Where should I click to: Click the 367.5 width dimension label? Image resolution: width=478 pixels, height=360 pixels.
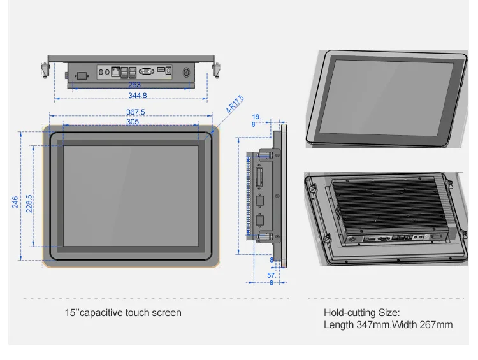click(x=136, y=112)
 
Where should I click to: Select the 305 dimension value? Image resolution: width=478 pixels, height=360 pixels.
click(x=133, y=122)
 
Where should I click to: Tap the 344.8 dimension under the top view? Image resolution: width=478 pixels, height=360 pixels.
click(x=138, y=96)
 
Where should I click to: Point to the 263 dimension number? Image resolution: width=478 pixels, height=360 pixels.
click(x=134, y=85)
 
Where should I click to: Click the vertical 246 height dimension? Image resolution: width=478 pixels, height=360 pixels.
click(x=15, y=202)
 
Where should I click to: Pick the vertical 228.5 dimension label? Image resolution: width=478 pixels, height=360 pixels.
click(x=29, y=204)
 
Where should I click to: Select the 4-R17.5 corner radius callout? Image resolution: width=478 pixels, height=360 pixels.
click(x=235, y=104)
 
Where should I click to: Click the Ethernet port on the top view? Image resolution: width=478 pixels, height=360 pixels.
click(x=115, y=71)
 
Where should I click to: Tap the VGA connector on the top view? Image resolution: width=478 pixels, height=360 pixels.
click(x=147, y=71)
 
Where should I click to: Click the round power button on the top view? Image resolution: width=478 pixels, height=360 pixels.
click(x=186, y=73)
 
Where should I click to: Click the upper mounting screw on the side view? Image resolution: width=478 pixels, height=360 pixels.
click(x=264, y=154)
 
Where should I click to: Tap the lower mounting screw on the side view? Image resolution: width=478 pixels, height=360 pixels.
click(x=264, y=236)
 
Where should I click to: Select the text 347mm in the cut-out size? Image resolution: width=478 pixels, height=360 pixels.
click(x=373, y=325)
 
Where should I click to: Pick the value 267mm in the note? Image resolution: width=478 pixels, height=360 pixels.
click(x=436, y=325)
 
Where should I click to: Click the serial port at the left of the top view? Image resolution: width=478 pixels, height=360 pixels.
click(x=82, y=76)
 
